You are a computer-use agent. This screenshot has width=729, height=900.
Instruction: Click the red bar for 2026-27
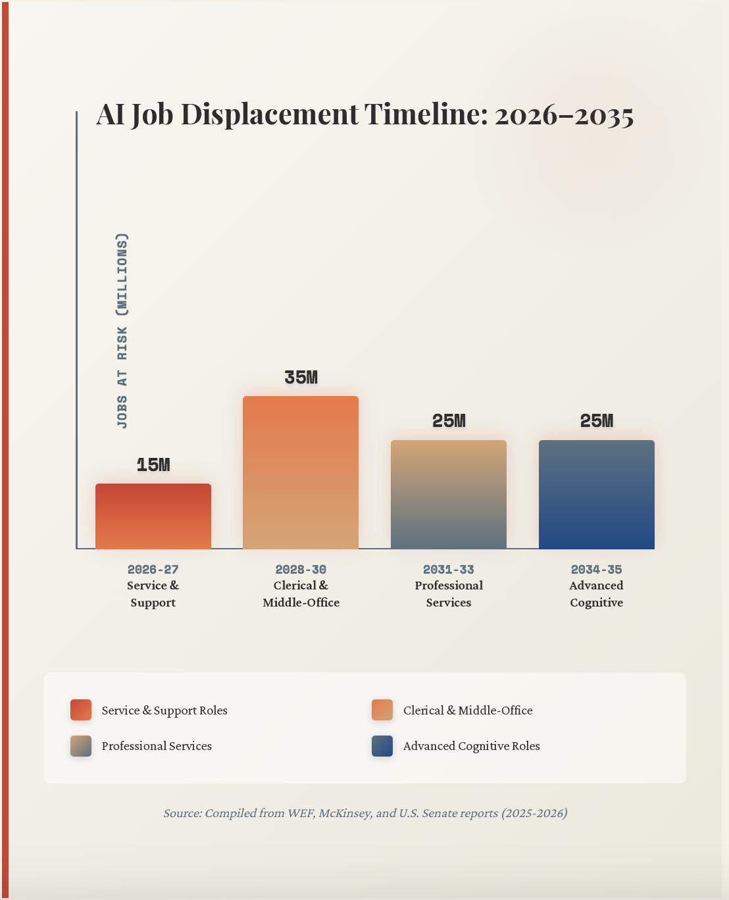(x=153, y=516)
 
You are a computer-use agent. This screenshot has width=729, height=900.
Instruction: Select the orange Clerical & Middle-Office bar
(x=301, y=472)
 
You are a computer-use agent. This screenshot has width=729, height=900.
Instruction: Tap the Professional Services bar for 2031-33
(x=449, y=494)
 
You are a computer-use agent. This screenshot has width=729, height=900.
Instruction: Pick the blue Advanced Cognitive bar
(x=597, y=494)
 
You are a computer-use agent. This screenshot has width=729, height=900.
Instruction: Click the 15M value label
(x=153, y=465)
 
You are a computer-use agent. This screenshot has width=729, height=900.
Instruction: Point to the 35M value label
(x=301, y=378)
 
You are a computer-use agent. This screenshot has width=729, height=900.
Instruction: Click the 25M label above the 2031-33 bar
(x=449, y=421)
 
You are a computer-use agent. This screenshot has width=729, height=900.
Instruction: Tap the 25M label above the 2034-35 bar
(x=597, y=421)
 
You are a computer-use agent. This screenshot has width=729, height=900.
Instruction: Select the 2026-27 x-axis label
(x=153, y=569)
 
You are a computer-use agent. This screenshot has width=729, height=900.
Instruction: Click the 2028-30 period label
(x=301, y=569)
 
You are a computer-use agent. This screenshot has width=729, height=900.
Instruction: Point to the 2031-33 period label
(x=449, y=569)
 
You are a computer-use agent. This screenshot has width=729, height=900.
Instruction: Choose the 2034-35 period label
(x=597, y=569)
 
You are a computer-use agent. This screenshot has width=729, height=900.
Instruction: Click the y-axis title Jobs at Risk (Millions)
(x=122, y=330)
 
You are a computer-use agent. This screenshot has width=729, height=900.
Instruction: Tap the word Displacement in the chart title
(x=270, y=114)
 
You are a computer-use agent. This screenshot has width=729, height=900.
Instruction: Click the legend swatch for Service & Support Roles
(x=81, y=710)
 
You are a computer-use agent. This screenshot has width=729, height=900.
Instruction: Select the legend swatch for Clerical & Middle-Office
(x=382, y=710)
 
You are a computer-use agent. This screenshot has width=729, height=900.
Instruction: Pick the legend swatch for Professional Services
(x=81, y=746)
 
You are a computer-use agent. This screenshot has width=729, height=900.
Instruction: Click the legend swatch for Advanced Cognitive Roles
(x=382, y=746)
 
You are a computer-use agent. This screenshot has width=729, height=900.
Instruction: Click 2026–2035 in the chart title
(x=564, y=116)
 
